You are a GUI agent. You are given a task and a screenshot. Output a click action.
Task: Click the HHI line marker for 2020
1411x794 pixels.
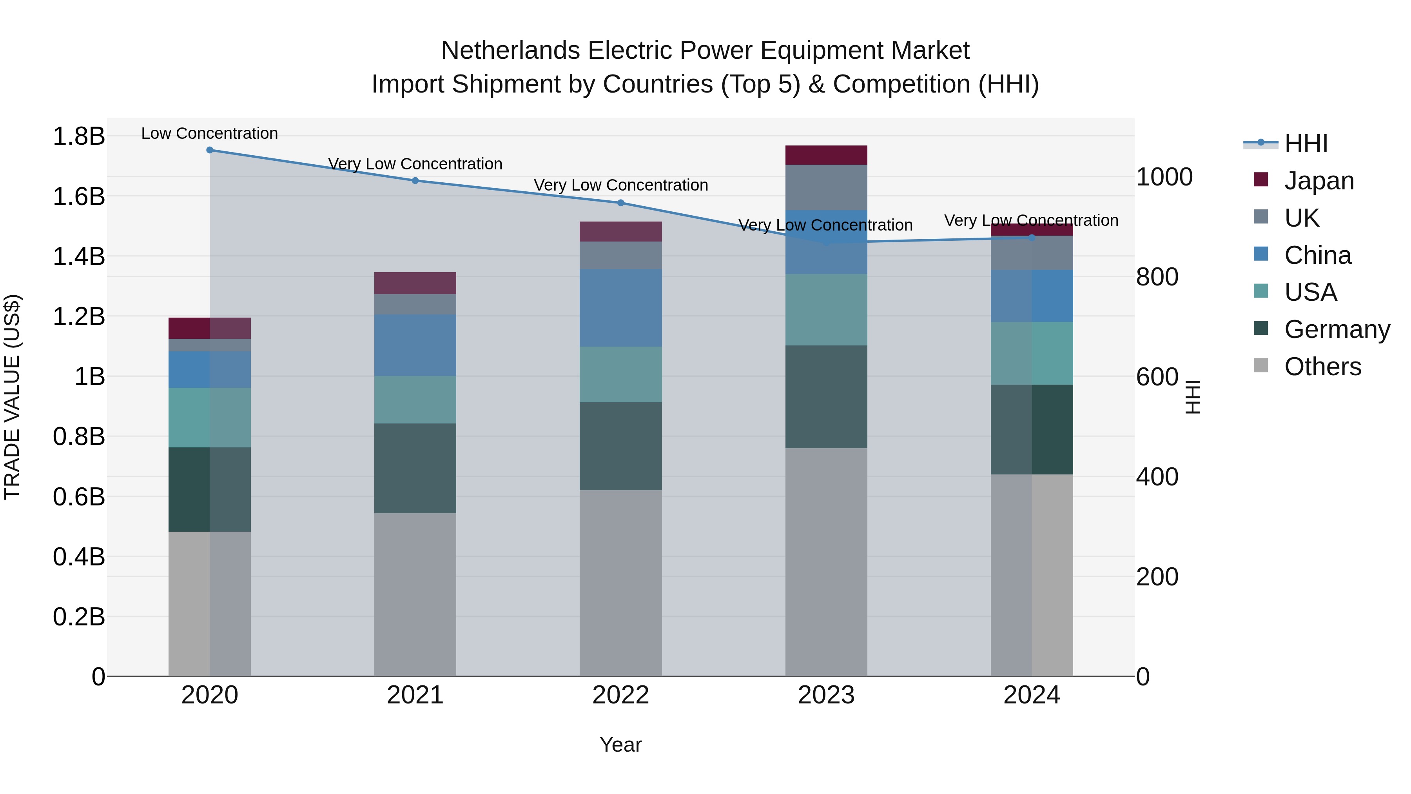click(x=210, y=150)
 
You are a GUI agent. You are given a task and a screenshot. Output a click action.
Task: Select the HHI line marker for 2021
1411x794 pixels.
click(x=415, y=181)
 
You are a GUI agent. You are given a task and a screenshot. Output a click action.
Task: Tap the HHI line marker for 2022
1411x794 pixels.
click(x=620, y=203)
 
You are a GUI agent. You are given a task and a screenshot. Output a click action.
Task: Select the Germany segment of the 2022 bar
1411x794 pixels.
click(x=620, y=446)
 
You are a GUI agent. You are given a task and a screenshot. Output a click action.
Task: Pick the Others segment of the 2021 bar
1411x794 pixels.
click(x=415, y=594)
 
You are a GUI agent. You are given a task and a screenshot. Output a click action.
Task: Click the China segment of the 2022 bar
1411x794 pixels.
click(x=620, y=307)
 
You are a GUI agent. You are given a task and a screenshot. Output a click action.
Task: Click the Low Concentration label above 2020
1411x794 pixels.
click(x=210, y=134)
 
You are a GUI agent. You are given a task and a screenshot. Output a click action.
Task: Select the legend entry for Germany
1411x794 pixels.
click(x=1337, y=330)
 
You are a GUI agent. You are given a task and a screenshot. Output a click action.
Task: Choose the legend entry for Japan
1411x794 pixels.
click(x=1319, y=181)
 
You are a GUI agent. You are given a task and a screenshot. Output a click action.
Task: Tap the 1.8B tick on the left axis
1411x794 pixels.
click(x=78, y=136)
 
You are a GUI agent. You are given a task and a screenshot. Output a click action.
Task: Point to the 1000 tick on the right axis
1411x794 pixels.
click(x=1164, y=177)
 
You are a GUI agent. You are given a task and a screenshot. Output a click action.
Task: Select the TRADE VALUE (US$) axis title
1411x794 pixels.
click(x=13, y=397)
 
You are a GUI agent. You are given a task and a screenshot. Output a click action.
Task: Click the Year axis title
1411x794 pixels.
click(x=620, y=745)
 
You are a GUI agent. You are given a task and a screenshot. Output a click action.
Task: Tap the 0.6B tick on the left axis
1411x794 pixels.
click(x=78, y=497)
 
